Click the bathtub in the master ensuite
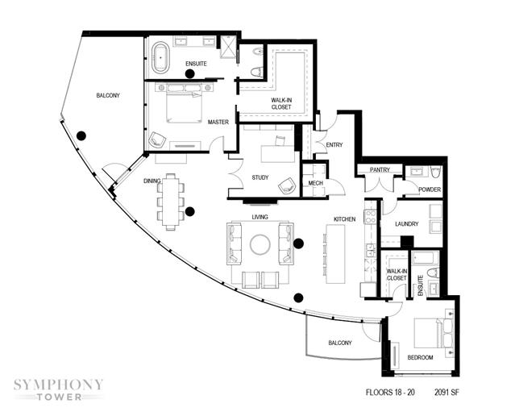(x=160, y=57)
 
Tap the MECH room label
(x=316, y=183)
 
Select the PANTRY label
(x=380, y=169)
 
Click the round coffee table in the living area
(x=260, y=244)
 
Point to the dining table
(x=171, y=202)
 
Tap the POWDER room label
(x=430, y=189)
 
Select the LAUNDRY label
(x=407, y=224)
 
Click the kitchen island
(x=335, y=254)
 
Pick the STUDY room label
(x=260, y=177)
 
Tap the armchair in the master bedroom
(x=156, y=140)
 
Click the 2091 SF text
(x=446, y=392)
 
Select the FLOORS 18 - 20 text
(x=390, y=392)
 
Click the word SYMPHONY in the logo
(x=58, y=385)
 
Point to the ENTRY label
(x=334, y=144)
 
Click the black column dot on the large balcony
(x=81, y=135)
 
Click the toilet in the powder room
(x=435, y=173)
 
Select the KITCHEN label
(x=344, y=219)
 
